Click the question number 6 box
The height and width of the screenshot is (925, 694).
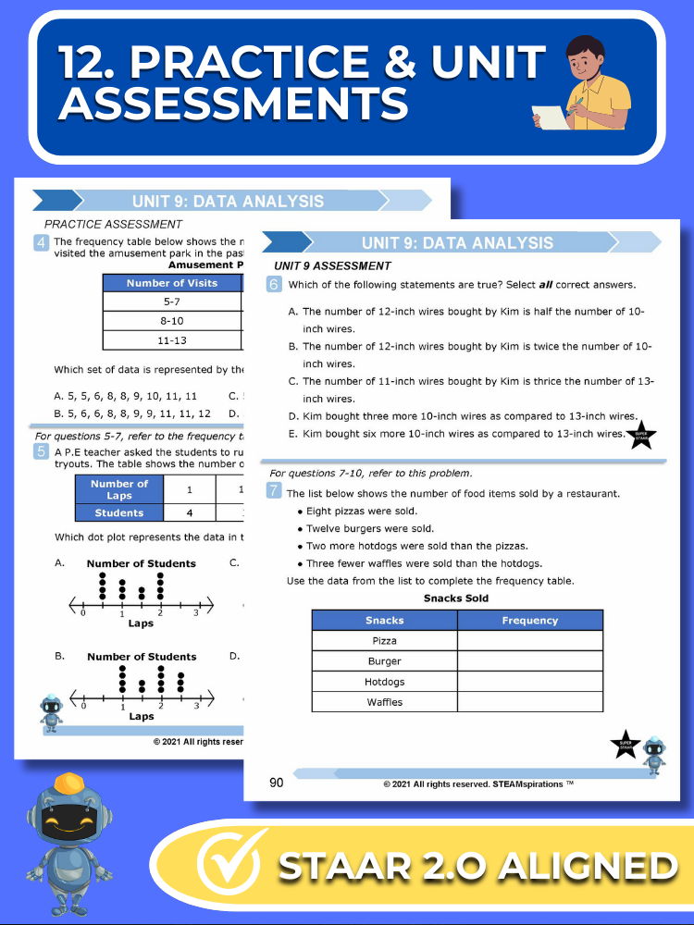click(274, 285)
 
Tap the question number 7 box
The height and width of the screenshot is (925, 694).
click(274, 491)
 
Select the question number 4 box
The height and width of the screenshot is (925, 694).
click(42, 243)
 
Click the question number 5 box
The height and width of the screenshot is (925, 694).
click(42, 452)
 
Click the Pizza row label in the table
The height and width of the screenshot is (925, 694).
click(385, 641)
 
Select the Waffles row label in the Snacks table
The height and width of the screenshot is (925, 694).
click(385, 702)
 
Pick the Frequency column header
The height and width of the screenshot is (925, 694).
click(529, 621)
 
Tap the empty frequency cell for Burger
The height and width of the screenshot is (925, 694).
click(529, 661)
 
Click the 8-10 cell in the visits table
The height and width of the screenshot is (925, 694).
click(171, 320)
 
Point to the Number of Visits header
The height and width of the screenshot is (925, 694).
click(171, 283)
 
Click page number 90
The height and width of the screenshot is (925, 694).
click(277, 783)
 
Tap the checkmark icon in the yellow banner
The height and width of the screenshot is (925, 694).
click(227, 866)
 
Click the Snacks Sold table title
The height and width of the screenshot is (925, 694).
click(456, 598)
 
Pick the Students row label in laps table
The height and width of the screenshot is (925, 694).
click(119, 512)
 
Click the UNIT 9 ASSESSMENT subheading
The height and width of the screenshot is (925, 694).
click(332, 266)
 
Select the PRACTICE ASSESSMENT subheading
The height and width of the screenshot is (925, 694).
click(114, 224)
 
